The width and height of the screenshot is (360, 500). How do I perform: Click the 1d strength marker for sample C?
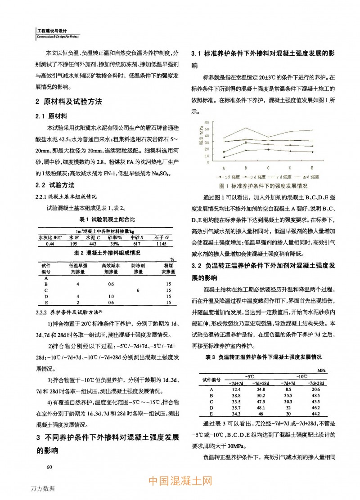[x=268, y=149]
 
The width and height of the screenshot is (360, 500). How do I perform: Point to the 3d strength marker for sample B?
[x=246, y=143]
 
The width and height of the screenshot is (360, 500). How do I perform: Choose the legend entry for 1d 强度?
[x=228, y=177]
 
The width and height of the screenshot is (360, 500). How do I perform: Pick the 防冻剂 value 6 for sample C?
[x=137, y=290]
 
